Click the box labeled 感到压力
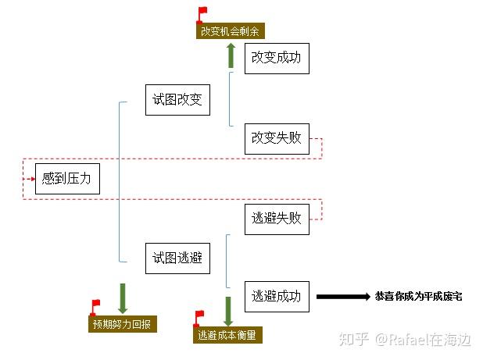click(x=67, y=178)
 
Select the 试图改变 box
click(x=177, y=98)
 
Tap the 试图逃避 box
click(x=177, y=258)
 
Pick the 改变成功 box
click(x=277, y=58)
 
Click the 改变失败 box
click(x=277, y=138)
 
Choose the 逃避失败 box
click(x=277, y=218)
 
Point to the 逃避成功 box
click(x=277, y=296)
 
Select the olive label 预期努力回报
click(x=123, y=323)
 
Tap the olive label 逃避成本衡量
click(x=227, y=335)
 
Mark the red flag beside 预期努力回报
click(x=95, y=305)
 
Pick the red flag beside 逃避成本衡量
click(x=199, y=316)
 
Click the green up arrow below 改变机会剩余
click(x=230, y=54)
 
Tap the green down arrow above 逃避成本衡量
click(x=227, y=309)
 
